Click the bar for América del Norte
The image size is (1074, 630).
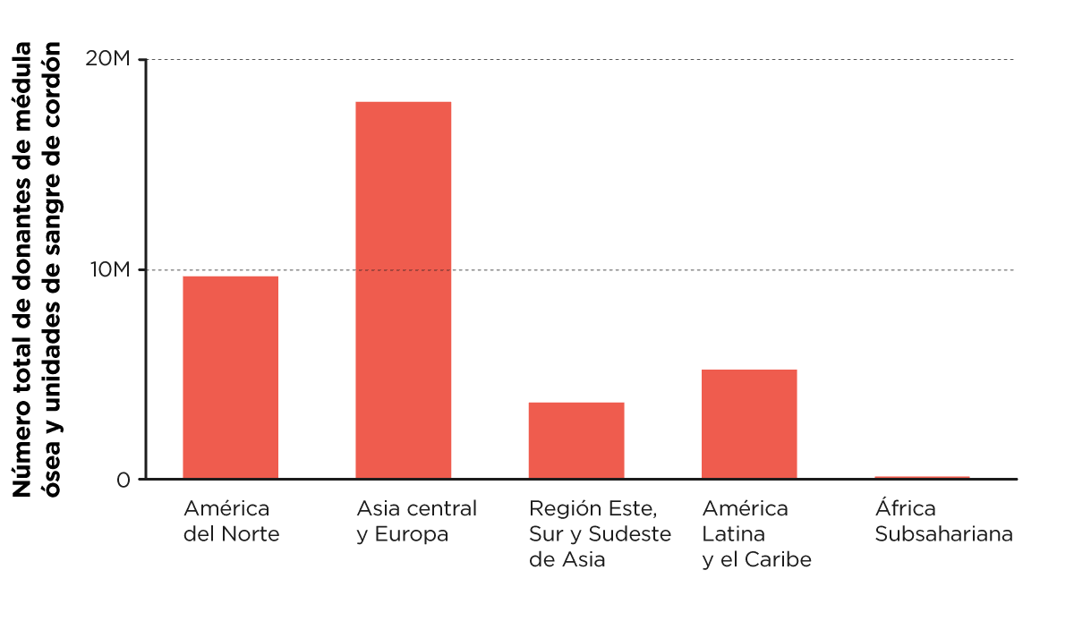click(x=230, y=377)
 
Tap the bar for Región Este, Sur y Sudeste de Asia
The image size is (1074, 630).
click(x=575, y=440)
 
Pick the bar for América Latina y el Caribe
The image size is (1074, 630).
click(x=748, y=423)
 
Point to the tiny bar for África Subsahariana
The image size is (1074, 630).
click(x=922, y=477)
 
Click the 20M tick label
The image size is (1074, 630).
click(x=108, y=60)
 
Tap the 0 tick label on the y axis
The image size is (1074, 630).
click(x=123, y=480)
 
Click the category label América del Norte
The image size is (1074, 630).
click(x=231, y=522)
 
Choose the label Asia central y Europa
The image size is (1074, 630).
click(x=416, y=522)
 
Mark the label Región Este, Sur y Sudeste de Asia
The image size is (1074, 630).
click(x=600, y=534)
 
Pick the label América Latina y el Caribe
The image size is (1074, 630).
click(x=756, y=534)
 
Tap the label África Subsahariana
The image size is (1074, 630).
click(x=943, y=522)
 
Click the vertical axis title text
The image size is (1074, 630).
click(x=40, y=268)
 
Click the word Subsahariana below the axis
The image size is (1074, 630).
click(x=943, y=535)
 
